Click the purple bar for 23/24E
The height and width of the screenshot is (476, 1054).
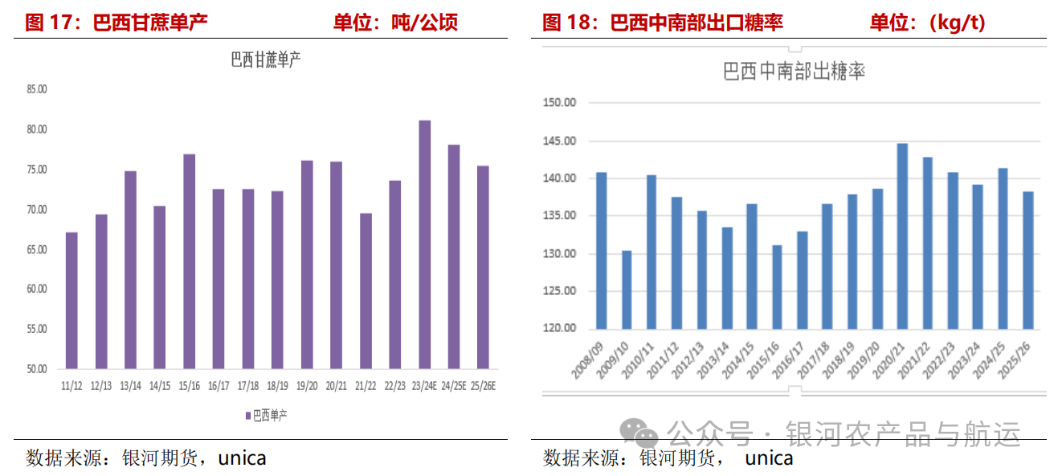(x=424, y=244)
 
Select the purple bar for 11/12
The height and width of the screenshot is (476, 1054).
(x=71, y=301)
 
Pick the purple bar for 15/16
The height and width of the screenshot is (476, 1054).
(x=189, y=261)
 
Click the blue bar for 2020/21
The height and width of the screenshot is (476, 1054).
(x=902, y=236)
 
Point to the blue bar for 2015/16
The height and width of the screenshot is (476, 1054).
(x=777, y=287)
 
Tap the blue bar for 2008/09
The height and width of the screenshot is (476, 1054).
(x=602, y=250)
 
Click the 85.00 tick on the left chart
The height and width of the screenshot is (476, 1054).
(x=37, y=90)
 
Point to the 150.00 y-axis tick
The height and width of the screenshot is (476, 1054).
(x=559, y=103)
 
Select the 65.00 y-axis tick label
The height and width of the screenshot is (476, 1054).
(x=37, y=249)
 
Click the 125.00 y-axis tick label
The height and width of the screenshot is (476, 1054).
(x=559, y=291)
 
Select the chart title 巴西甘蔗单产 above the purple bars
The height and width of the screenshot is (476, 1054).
(x=265, y=60)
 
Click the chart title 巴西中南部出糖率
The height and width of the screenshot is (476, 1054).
(x=794, y=72)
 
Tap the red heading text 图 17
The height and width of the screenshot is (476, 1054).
(x=51, y=22)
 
